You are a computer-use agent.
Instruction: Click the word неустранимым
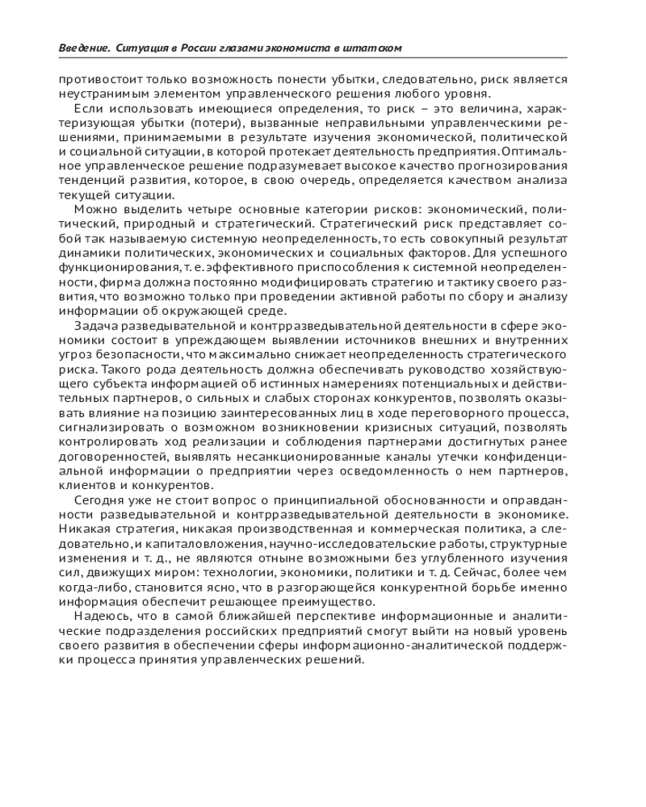94,93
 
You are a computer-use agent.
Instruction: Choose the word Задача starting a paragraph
94,325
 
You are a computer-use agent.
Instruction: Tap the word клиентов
83,485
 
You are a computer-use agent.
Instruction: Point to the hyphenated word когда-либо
89,587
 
